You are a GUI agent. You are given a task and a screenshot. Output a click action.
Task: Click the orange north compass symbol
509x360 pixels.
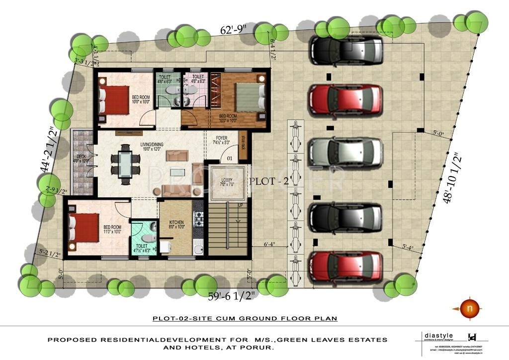click(x=467, y=308)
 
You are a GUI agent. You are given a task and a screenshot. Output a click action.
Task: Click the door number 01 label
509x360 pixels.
click(x=230, y=158)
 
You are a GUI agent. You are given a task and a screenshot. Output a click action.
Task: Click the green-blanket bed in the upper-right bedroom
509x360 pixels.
click(x=247, y=97)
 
